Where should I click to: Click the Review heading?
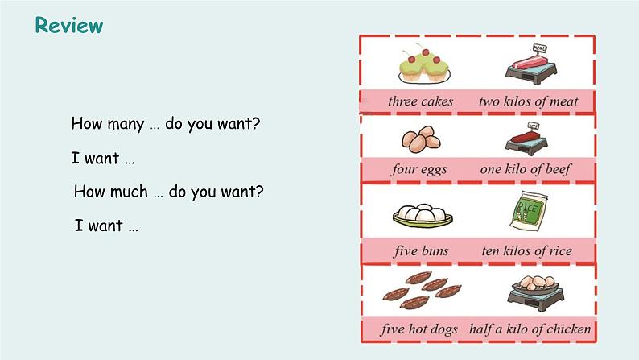pyautogui.click(x=69, y=26)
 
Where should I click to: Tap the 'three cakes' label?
pyautogui.click(x=420, y=101)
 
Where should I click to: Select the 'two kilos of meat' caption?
pyautogui.click(x=528, y=101)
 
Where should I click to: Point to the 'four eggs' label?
pyautogui.click(x=419, y=170)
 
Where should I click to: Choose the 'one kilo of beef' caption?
pyautogui.click(x=526, y=170)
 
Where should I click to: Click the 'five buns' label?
pyautogui.click(x=421, y=250)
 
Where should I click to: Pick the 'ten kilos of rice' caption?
pyautogui.click(x=527, y=250)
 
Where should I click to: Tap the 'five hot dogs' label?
pyautogui.click(x=419, y=329)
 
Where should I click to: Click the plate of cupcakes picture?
pyautogui.click(x=423, y=64)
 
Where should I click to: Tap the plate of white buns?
pyautogui.click(x=422, y=215)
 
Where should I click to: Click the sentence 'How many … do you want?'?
pyautogui.click(x=166, y=124)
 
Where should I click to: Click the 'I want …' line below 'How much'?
pyautogui.click(x=107, y=226)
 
